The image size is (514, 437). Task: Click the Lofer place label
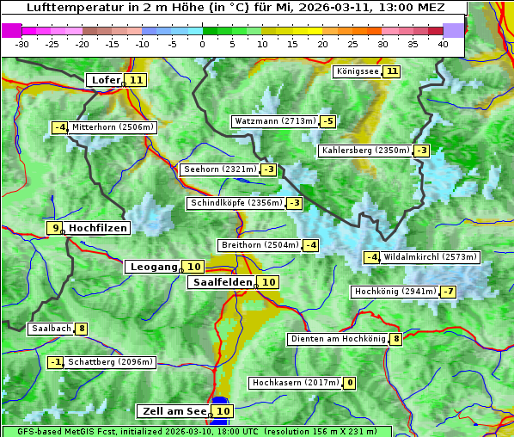[105, 80]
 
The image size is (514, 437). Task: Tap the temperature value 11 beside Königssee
[392, 71]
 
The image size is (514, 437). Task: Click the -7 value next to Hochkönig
[448, 292]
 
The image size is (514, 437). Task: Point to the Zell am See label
[174, 411]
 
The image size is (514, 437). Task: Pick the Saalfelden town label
[222, 282]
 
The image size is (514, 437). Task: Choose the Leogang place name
[153, 267]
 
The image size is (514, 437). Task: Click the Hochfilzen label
[98, 228]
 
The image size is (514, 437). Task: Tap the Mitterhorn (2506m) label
[113, 127]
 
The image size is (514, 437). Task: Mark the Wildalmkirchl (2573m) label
[430, 257]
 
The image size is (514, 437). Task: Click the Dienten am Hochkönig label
[338, 339]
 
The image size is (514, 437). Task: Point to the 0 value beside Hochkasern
[349, 383]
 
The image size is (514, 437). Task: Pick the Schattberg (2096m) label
[110, 362]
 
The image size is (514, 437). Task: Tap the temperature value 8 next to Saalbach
[82, 329]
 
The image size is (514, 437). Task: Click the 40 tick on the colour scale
[443, 44]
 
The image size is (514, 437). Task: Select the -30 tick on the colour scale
[22, 44]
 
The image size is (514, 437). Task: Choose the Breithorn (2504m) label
[260, 245]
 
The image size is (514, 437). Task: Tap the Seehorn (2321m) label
[220, 169]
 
